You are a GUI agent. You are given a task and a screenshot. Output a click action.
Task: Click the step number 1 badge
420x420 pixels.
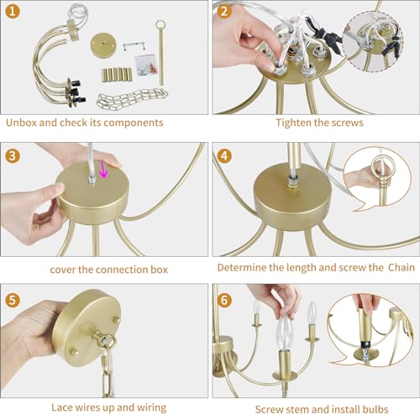[14, 13]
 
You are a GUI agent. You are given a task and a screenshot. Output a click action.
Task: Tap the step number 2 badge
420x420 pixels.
[224, 13]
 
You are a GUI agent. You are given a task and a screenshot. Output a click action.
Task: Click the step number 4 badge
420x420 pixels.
[224, 156]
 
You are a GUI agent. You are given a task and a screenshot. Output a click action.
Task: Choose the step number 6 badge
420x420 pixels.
[224, 299]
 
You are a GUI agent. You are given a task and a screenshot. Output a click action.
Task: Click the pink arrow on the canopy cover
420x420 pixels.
[104, 171]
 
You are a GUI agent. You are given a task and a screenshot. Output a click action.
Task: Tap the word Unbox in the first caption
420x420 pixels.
[23, 123]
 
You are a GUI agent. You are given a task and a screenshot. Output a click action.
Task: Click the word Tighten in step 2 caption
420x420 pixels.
[295, 123]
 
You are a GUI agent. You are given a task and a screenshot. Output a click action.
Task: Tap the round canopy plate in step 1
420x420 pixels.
[108, 43]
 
